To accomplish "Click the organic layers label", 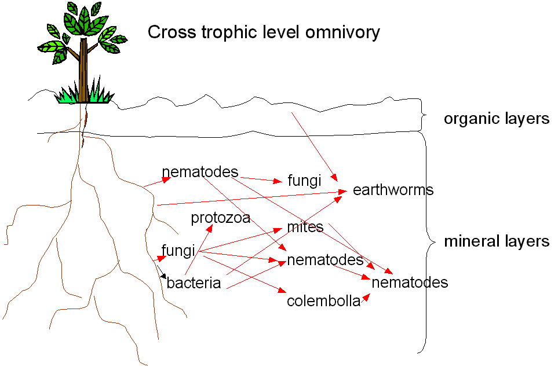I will (x=496, y=119).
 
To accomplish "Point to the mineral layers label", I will (x=497, y=241).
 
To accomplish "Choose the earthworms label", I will (x=393, y=190).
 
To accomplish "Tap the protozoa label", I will (x=221, y=218).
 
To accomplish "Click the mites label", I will (x=305, y=227).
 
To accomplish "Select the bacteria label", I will (x=194, y=283).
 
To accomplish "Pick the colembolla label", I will (x=323, y=302).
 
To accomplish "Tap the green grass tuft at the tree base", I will (x=84, y=96).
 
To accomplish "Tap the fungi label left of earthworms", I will (x=304, y=181).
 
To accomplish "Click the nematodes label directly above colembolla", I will (x=325, y=260).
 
